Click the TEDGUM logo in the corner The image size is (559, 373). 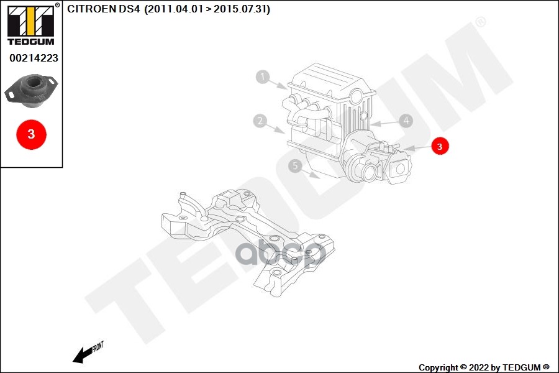tap(30, 25)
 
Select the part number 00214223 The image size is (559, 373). tap(34, 58)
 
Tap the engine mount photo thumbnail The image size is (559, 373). tap(31, 91)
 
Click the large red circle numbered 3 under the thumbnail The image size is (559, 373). tap(31, 134)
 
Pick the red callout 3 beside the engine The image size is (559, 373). tap(439, 147)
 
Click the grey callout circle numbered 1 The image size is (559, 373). tap(263, 77)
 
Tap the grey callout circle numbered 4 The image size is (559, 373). tap(406, 121)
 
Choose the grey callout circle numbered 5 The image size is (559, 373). tap(296, 165)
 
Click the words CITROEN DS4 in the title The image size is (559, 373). tap(103, 9)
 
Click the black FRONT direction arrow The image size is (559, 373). tap(81, 355)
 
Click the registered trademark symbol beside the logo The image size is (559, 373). tap(58, 5)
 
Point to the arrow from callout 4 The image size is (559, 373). tap(384, 123)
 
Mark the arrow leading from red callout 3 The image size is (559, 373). tap(417, 148)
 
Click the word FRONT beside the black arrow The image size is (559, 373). tap(98, 346)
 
